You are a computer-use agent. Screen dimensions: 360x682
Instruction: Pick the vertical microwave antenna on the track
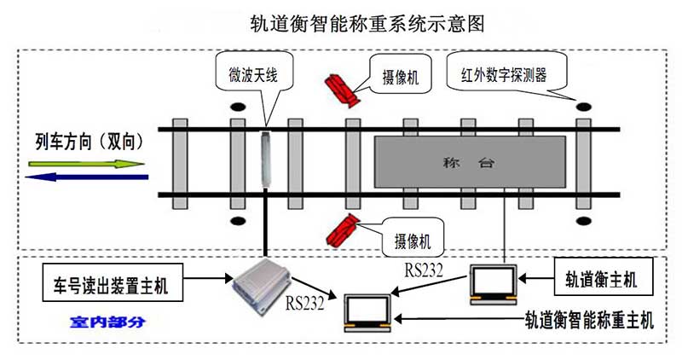coord(266,161)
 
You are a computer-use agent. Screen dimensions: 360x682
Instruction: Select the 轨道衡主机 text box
coord(598,279)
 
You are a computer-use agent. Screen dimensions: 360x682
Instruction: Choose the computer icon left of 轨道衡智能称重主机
coord(365,312)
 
